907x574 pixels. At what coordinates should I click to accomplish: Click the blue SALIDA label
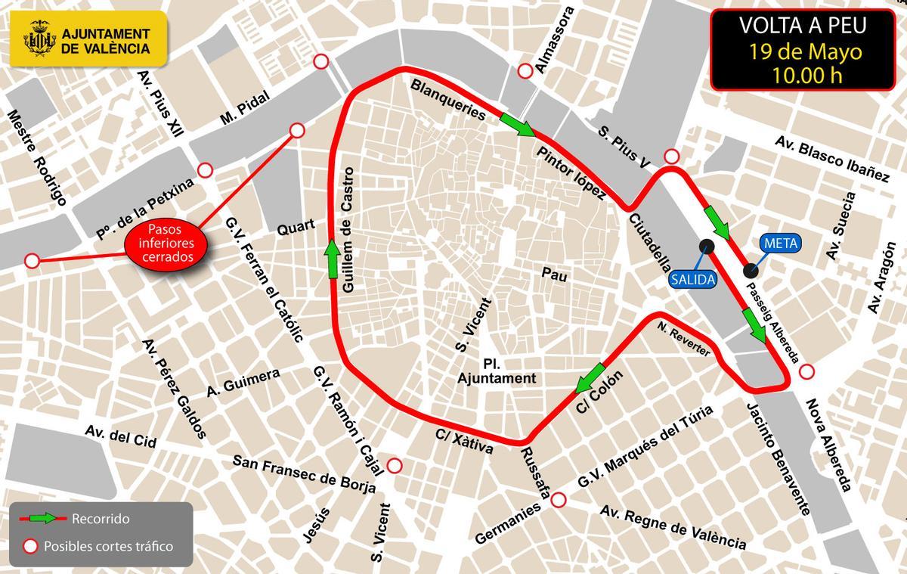click(x=692, y=278)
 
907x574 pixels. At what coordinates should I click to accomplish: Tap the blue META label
click(x=779, y=244)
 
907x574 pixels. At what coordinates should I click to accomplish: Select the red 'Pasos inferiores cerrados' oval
click(x=166, y=242)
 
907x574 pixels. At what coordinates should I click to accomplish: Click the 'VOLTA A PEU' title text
click(x=802, y=28)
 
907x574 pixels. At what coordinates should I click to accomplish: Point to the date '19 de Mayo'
click(x=802, y=52)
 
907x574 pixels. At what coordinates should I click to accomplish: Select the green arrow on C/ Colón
click(x=590, y=378)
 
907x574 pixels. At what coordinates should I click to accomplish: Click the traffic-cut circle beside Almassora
click(x=525, y=71)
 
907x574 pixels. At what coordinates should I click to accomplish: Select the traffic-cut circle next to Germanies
click(x=559, y=499)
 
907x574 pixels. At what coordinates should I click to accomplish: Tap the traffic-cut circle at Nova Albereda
click(x=807, y=371)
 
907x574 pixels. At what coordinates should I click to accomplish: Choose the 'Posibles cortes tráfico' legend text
click(x=109, y=546)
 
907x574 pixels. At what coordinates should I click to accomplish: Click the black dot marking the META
click(x=750, y=270)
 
